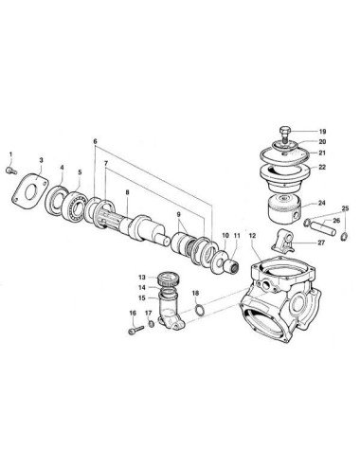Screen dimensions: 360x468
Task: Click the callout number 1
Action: tap(10, 154)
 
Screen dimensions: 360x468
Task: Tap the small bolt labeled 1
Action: tap(11, 171)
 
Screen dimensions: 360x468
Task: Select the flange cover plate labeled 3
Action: tap(29, 191)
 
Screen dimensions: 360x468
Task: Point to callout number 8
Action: tap(128, 192)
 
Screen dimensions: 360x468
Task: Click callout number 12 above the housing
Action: tap(252, 236)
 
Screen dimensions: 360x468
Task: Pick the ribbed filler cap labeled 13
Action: tap(171, 279)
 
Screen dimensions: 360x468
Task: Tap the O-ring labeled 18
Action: tap(199, 310)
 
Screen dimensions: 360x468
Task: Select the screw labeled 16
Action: tap(136, 330)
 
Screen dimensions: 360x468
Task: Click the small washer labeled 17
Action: tap(152, 324)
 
